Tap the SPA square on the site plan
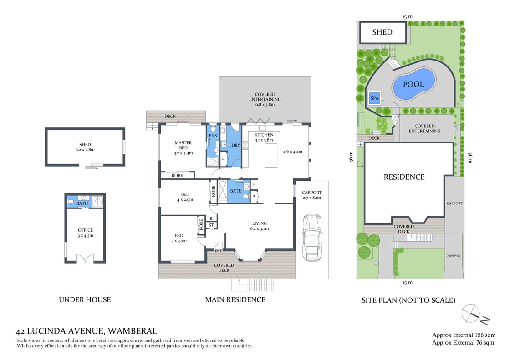[x=374, y=98]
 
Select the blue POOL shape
[x=413, y=84]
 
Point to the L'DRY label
[x=234, y=145]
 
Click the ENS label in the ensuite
[x=213, y=136]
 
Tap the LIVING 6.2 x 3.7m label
[x=260, y=226]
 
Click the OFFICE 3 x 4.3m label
[x=85, y=233]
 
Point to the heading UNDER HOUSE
[x=85, y=299]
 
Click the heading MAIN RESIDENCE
[x=235, y=299]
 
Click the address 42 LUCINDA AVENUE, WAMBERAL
[x=87, y=331]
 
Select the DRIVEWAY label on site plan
[x=453, y=256]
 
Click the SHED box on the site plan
[x=382, y=32]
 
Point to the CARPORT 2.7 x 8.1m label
[x=311, y=195]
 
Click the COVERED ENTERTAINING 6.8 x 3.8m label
[x=265, y=99]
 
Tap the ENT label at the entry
[x=219, y=251]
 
